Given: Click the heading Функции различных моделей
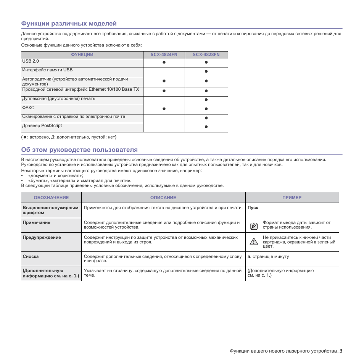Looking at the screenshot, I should (x=69, y=24).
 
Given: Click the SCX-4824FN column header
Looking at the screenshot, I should (x=164, y=55).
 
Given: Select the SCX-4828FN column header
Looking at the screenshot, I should (x=206, y=55).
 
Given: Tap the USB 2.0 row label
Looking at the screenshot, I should (x=31, y=61).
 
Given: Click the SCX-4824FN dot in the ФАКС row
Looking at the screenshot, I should (x=164, y=109).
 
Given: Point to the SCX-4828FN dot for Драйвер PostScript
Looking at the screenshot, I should (x=206, y=127).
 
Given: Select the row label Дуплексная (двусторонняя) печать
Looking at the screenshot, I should (x=59, y=98).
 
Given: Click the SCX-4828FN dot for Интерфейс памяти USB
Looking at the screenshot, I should (x=206, y=71).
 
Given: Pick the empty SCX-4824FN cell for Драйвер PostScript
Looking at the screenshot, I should (x=164, y=127).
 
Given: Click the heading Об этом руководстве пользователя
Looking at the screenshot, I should (x=79, y=150).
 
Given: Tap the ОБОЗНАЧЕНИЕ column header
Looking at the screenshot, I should (x=51, y=198).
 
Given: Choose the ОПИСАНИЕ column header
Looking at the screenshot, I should (x=163, y=198).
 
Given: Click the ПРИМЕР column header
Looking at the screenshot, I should (x=292, y=198).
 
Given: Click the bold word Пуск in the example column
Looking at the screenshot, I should (x=253, y=208).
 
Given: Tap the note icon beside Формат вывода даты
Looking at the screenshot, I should (x=254, y=226).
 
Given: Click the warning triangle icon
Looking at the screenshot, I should (x=254, y=241).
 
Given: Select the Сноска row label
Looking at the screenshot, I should (x=31, y=256).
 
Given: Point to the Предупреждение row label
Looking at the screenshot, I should (x=42, y=237).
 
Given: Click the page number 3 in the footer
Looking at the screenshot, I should (x=341, y=351).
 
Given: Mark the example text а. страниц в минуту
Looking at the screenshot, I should (x=268, y=256).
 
